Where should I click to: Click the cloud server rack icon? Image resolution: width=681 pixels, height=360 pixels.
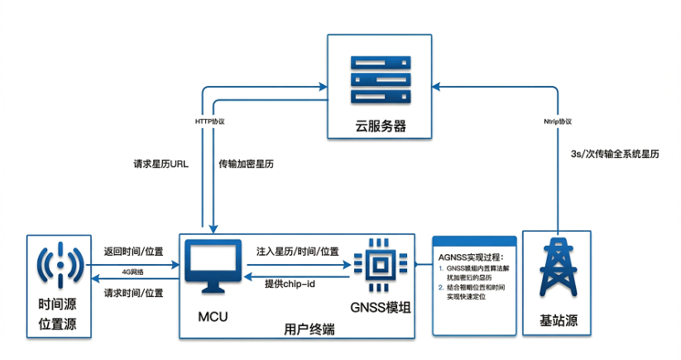(379, 80)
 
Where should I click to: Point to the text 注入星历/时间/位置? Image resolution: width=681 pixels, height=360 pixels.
(297, 251)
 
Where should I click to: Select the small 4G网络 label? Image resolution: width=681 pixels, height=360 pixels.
(132, 271)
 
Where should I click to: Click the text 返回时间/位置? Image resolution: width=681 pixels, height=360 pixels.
(133, 251)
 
